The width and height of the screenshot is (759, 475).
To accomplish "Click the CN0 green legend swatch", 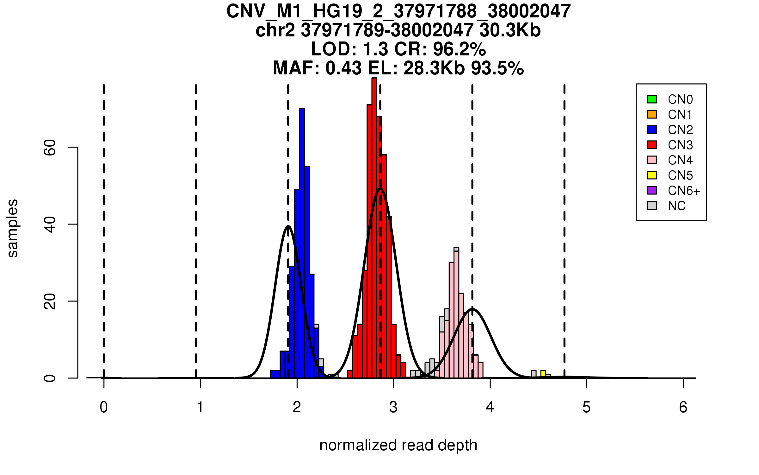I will point(652,99).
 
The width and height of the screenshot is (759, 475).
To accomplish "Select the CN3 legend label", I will point(680,145).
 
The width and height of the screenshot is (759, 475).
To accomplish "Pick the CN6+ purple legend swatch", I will point(652,190).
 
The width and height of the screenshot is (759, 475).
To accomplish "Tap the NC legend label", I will point(676,206).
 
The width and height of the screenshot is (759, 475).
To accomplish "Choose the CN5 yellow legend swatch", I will point(652,175).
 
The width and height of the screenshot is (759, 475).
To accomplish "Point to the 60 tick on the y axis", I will point(73,147).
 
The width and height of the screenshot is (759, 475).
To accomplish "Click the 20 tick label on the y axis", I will point(50,301).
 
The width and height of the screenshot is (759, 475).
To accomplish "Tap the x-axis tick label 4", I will point(490,407).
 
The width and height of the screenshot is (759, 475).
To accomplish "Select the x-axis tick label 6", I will point(683,407).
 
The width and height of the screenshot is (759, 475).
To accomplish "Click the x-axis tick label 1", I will point(200,407).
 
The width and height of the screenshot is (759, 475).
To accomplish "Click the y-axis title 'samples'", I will point(13,228).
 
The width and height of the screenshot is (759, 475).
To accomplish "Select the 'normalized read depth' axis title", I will point(398,445).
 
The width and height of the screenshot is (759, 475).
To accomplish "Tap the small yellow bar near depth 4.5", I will point(543,374).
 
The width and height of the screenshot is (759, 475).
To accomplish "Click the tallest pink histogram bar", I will point(456,313).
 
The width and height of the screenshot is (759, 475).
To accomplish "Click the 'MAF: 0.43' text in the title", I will point(317,68).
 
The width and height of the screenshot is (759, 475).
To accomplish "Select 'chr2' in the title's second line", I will point(275,30).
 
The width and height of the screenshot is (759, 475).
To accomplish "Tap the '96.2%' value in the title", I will point(459,49).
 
